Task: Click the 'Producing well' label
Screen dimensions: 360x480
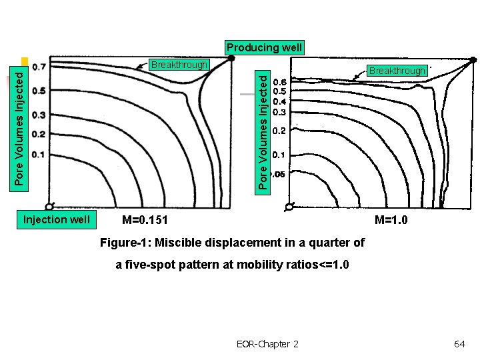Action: click(x=264, y=47)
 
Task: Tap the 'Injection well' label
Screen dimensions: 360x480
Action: click(x=56, y=219)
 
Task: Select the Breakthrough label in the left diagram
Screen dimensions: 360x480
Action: click(x=179, y=65)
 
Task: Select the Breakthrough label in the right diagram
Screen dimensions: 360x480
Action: click(x=397, y=70)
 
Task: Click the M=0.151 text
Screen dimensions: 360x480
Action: click(x=145, y=220)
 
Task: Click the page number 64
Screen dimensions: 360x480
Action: click(x=459, y=343)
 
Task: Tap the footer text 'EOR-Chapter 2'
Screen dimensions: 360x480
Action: click(x=267, y=343)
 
